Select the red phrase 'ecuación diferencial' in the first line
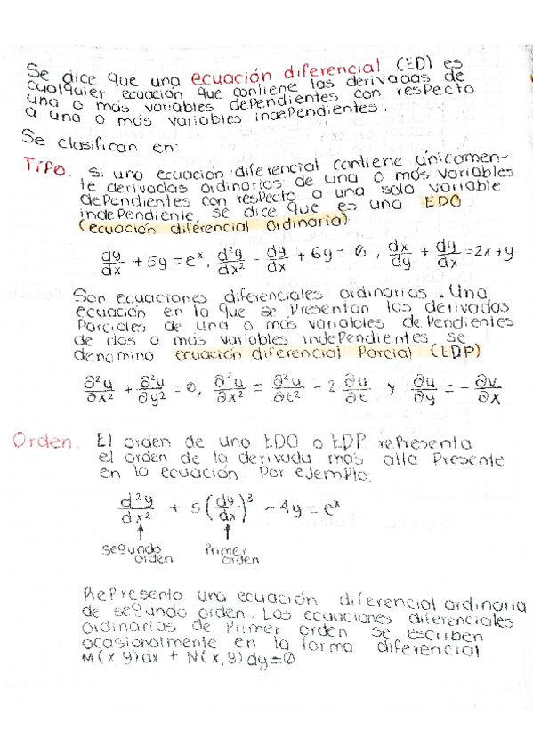point(283,65)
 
